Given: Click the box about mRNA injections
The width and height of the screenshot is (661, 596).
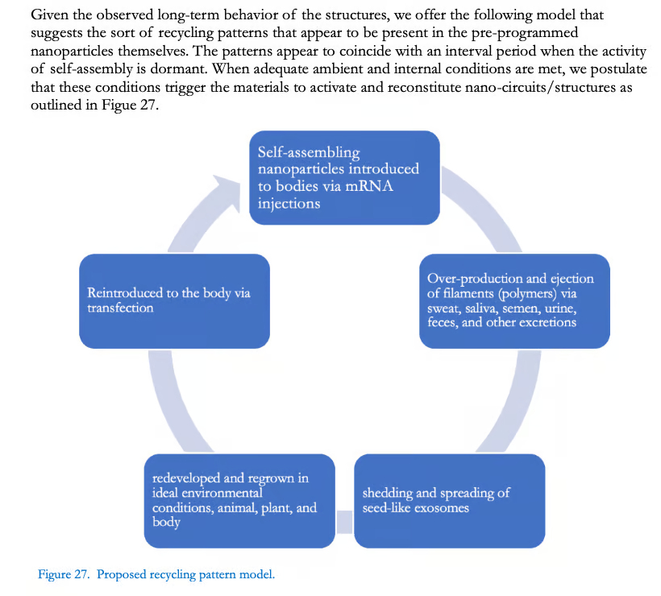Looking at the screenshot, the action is pos(344,177).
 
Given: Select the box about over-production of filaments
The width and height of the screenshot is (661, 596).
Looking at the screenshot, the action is pos(514,300).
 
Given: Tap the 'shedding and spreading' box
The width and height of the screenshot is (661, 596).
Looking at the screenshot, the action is pos(449,501).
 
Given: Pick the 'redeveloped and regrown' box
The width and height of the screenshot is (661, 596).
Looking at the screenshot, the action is pos(239,501).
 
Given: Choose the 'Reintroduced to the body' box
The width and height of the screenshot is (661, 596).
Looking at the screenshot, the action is pos(175,300).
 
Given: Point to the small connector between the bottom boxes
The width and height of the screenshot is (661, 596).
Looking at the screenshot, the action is pos(344,521).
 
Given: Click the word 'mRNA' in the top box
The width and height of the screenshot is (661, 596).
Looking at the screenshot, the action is pos(369,186).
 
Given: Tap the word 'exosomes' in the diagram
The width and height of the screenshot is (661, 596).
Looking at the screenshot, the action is pos(442,507).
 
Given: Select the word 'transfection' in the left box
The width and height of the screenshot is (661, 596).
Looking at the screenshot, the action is pos(120,308).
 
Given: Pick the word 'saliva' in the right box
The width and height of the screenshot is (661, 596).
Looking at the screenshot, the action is pos(482,308).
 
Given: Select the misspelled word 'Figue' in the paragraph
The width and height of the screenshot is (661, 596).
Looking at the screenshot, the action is pos(118,106).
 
